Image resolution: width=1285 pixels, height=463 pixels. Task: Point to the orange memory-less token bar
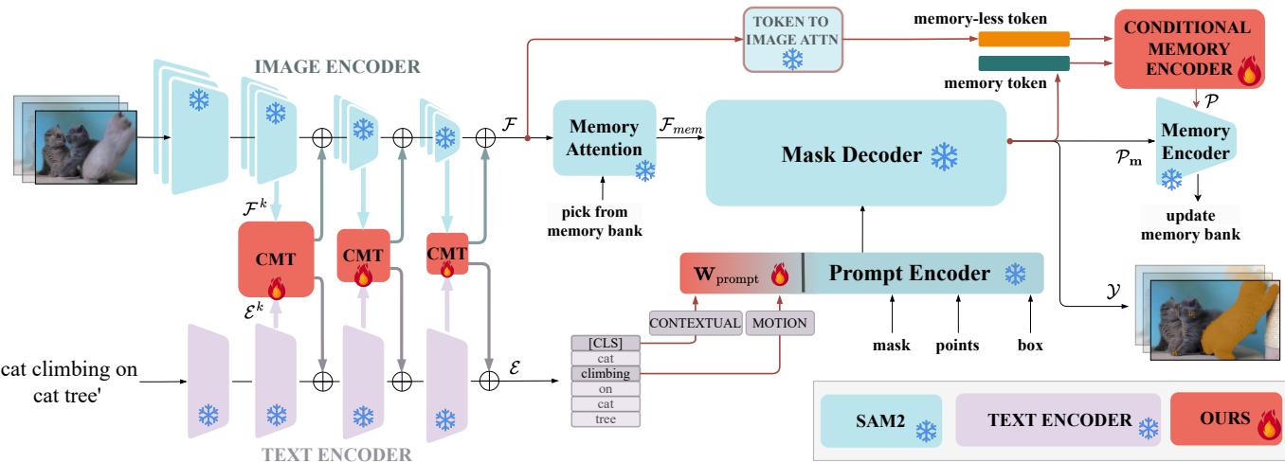point(1023,40)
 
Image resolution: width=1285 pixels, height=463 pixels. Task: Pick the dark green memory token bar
point(1023,62)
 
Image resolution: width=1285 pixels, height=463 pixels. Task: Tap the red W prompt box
point(740,274)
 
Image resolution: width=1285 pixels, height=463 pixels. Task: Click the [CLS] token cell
point(606,343)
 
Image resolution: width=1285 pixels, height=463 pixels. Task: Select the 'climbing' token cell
point(606,373)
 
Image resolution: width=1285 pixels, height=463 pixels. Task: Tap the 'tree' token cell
point(606,418)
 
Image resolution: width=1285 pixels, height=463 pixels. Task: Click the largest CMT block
point(275,258)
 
